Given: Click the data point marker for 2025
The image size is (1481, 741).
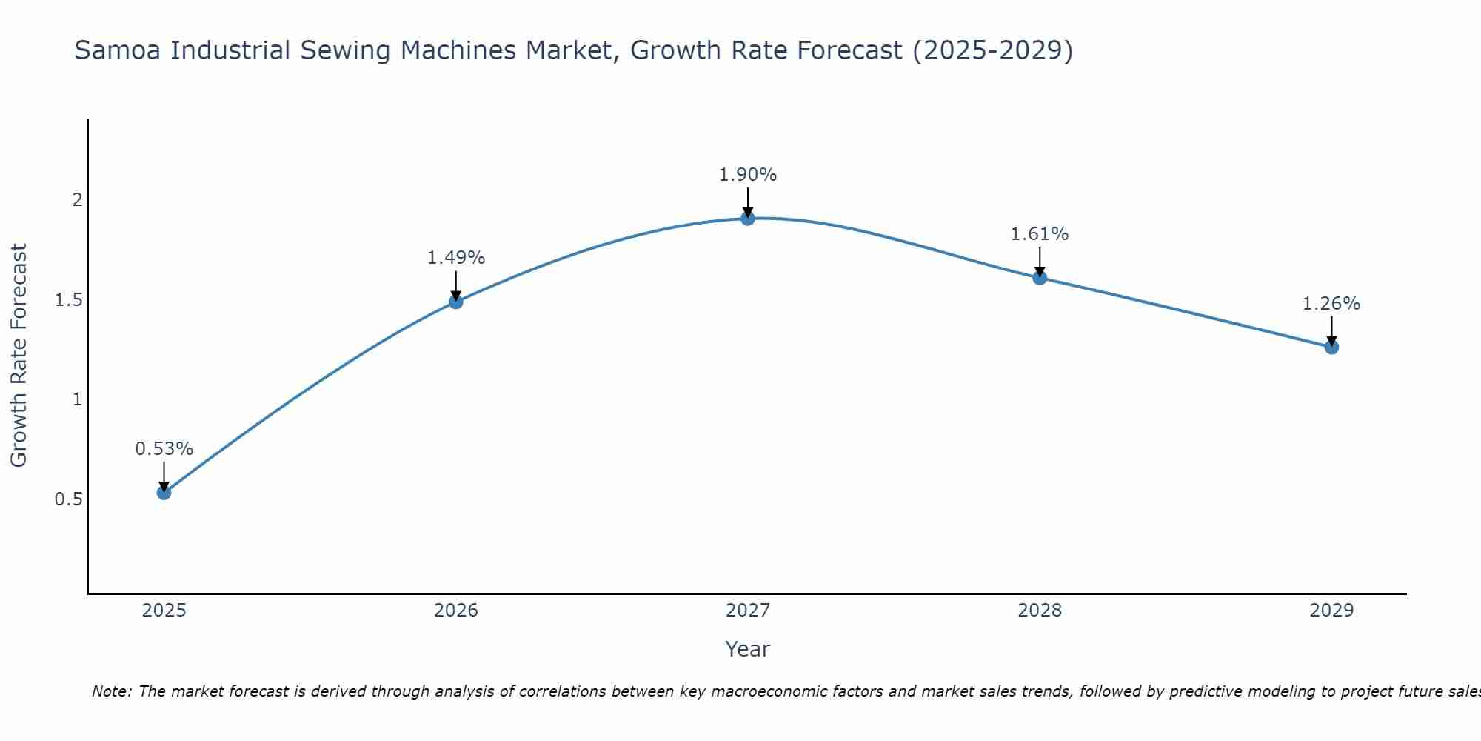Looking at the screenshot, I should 164,492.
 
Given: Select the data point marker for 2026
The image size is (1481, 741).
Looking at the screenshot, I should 456,301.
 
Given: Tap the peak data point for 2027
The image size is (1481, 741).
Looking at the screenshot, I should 748,219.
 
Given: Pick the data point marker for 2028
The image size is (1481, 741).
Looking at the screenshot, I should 1040,278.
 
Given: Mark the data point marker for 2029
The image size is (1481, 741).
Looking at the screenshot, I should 1331,347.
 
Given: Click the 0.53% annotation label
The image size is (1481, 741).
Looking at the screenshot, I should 164,449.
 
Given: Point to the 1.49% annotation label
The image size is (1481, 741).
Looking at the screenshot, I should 456,258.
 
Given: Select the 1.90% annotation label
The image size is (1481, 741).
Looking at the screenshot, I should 748,175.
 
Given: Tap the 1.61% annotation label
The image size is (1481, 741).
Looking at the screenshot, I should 1040,234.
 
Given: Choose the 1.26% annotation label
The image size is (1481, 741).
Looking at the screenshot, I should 1331,304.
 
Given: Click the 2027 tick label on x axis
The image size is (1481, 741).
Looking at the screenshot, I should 748,611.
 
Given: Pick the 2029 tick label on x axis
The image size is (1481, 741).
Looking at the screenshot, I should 1331,611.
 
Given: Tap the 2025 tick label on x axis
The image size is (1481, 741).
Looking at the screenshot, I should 164,611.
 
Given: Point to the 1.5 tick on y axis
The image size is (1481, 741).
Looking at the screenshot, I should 68,300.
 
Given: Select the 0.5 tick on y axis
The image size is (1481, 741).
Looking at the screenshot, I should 68,499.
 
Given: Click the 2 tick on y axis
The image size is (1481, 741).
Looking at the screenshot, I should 76,200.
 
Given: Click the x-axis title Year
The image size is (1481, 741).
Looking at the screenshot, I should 748,649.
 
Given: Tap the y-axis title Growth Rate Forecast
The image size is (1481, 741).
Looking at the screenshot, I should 19,356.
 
